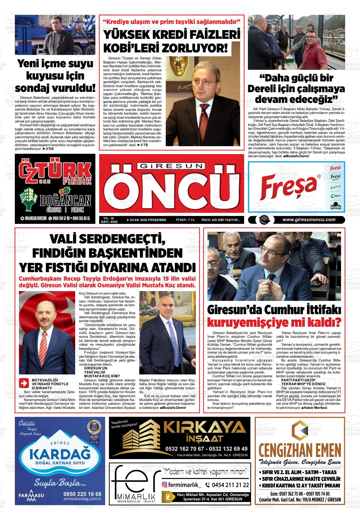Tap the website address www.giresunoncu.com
point(309,220)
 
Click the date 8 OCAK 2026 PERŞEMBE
point(147,220)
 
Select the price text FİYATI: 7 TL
point(185,220)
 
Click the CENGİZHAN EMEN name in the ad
point(300,449)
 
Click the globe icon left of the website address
point(262,220)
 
